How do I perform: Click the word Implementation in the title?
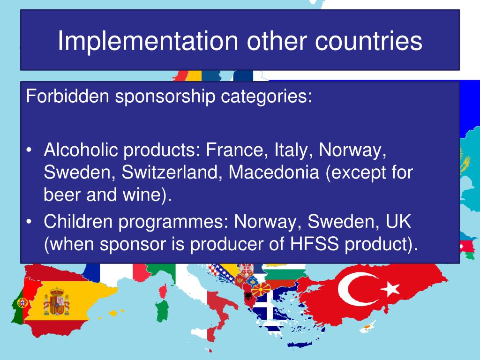148,41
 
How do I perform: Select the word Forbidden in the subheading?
67,96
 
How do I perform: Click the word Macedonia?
274,172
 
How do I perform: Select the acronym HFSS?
315,244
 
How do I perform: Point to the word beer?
62,195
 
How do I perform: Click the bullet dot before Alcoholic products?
29,150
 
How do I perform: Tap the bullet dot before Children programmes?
29,222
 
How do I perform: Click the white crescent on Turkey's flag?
352,289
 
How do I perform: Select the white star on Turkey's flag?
390,289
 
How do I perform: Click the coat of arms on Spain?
56,301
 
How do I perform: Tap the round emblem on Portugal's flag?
22,303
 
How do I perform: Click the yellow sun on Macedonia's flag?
261,289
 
